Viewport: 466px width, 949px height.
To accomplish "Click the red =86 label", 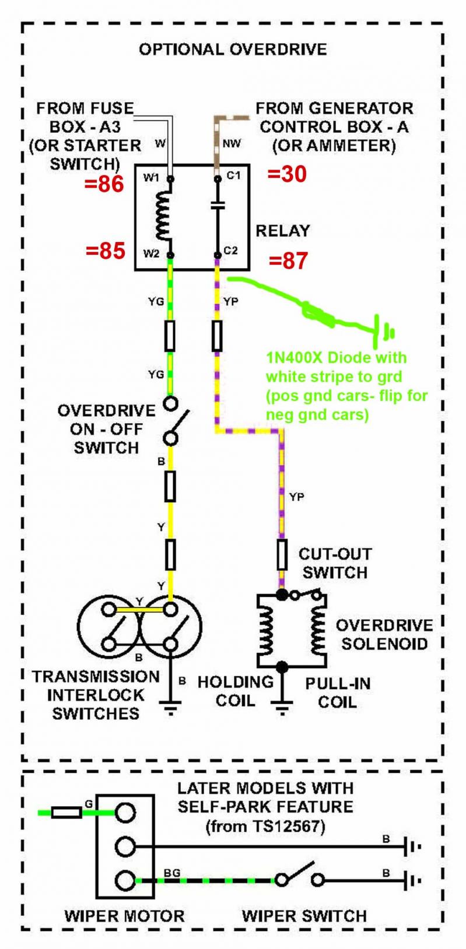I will point(104,184).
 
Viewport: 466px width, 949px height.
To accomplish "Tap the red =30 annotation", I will point(287,174).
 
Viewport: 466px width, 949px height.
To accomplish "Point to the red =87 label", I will point(288,261).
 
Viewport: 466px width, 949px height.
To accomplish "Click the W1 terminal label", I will point(151,177).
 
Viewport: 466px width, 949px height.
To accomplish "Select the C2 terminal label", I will point(231,251).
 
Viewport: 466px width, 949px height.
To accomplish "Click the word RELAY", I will point(283,231).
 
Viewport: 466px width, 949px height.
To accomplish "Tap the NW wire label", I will point(232,143).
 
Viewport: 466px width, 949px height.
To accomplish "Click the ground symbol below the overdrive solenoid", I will point(282,708).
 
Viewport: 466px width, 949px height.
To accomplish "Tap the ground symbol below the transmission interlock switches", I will point(170,708).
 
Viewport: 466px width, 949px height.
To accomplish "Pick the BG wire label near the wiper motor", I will point(172,872).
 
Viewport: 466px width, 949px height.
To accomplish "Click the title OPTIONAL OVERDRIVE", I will point(233,50).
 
